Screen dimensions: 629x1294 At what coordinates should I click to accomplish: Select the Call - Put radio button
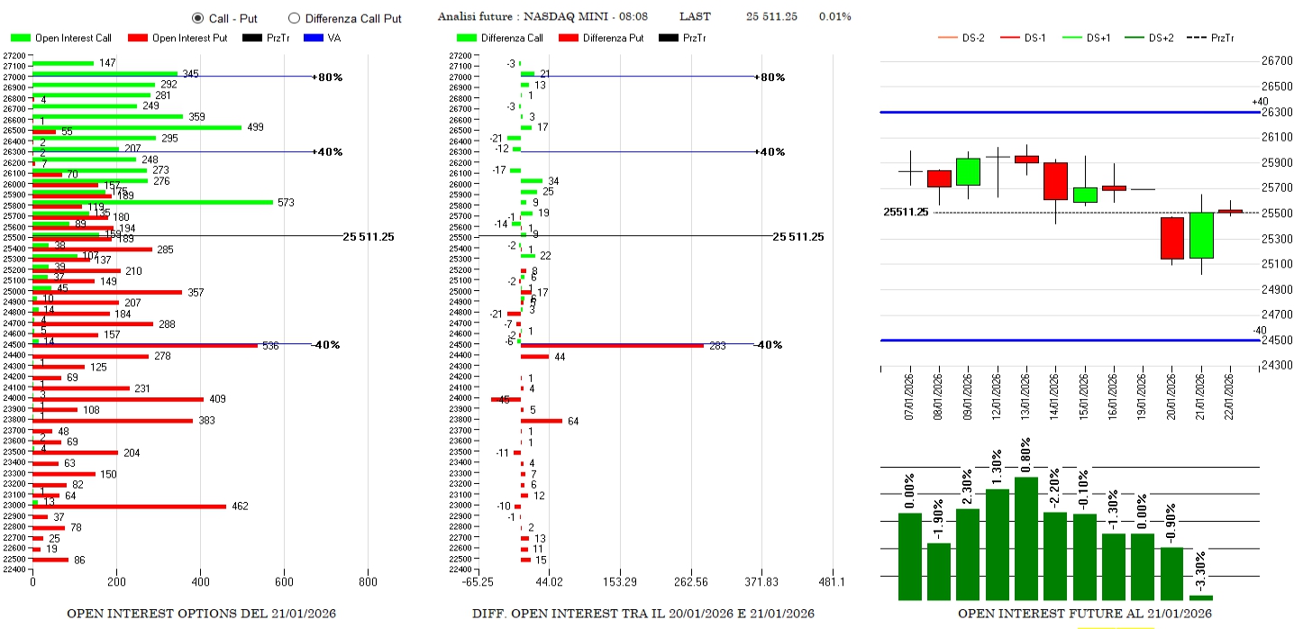[197, 18]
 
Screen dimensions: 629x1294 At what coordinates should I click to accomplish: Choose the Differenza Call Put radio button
[294, 18]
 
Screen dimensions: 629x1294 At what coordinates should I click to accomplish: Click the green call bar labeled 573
[152, 202]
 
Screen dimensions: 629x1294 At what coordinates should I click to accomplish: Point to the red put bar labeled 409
[117, 399]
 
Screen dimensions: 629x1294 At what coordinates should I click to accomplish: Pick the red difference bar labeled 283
[612, 345]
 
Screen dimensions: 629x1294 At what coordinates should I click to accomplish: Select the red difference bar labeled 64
[541, 421]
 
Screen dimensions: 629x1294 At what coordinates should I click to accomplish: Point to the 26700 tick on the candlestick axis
[1277, 61]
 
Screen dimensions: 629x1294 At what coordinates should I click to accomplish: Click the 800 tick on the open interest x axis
[367, 582]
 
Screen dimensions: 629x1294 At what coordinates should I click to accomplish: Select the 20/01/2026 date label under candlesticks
[1171, 394]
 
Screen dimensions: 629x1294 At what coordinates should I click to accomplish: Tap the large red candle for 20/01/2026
[1171, 238]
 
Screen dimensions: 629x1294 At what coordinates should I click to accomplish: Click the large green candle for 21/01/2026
[1200, 235]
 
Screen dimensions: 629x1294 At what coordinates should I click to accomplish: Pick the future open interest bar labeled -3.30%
[1200, 597]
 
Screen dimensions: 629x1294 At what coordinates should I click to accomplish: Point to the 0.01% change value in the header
[834, 16]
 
